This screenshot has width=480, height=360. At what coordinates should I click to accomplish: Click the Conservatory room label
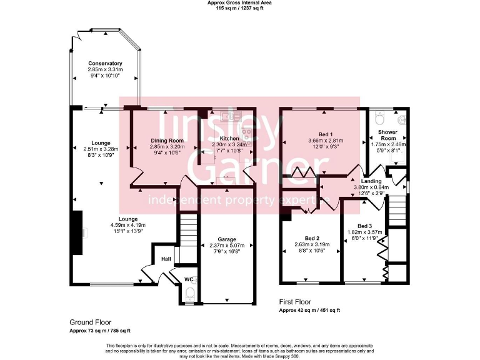[105, 64]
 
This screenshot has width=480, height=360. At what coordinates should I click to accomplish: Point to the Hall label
[166, 259]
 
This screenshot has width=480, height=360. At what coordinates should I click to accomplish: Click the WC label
[189, 279]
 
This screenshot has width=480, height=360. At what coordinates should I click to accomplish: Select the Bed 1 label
[326, 134]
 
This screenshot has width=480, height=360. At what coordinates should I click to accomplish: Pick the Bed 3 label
[365, 226]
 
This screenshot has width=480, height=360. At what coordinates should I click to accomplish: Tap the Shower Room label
[389, 135]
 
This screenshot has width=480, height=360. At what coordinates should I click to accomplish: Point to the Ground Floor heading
[90, 322]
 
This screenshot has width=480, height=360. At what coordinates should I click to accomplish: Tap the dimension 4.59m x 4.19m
[128, 226]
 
